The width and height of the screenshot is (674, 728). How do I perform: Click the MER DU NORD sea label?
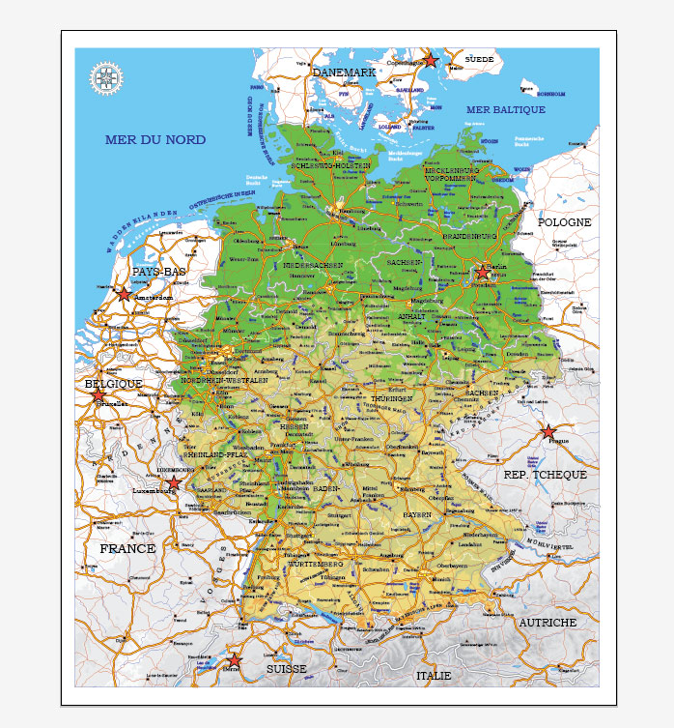[x=154, y=140]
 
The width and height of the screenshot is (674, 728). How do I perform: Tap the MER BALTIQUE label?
[x=506, y=110]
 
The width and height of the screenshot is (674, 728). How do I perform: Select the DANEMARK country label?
[x=344, y=73]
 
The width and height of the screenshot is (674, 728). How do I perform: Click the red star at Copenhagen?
[x=431, y=61]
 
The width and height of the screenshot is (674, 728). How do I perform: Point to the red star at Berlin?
[x=483, y=273]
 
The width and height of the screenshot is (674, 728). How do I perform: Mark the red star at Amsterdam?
[x=124, y=293]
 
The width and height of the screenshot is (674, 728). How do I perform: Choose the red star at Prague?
[x=548, y=432]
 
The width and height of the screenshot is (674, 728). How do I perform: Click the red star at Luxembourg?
[x=173, y=482]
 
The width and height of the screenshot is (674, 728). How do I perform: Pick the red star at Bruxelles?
[x=98, y=395]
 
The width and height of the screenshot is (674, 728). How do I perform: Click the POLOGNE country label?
[x=564, y=222]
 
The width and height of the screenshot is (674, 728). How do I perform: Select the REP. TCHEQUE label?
[x=546, y=475]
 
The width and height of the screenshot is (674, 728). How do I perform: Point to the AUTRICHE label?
[x=548, y=623]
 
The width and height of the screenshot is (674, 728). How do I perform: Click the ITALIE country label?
[x=434, y=676]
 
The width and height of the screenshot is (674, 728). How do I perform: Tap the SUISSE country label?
[x=287, y=668]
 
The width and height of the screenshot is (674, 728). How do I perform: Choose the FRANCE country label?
[x=127, y=548]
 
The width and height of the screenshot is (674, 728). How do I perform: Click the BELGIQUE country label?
[x=114, y=384]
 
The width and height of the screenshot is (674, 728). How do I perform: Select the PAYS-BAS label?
[x=159, y=273]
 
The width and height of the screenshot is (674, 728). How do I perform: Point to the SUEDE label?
[x=479, y=60]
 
